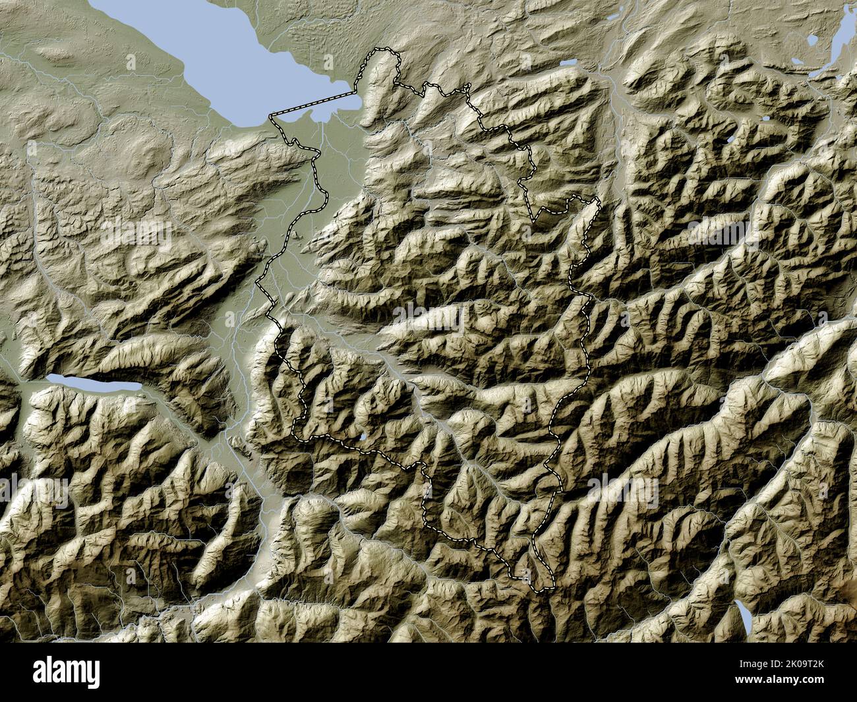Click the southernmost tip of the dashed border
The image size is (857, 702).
(x=544, y=589)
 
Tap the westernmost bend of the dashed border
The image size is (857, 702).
(x=256, y=282)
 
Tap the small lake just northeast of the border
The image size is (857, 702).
(x=568, y=64)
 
